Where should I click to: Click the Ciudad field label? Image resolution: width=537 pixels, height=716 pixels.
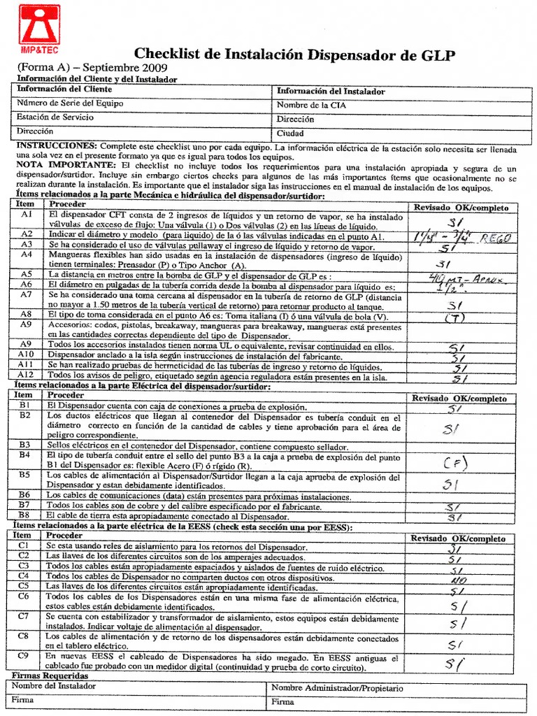(290, 133)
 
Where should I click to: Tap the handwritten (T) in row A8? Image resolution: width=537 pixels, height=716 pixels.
(455, 318)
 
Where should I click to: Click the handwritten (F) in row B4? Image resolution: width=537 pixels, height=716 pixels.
(455, 462)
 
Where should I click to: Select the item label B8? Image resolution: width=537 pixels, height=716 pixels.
(24, 514)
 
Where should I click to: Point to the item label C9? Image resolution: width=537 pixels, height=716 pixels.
(24, 657)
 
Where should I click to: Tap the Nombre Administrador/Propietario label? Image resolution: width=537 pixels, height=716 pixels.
(337, 688)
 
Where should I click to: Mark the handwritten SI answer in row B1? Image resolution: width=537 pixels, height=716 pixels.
(455, 408)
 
